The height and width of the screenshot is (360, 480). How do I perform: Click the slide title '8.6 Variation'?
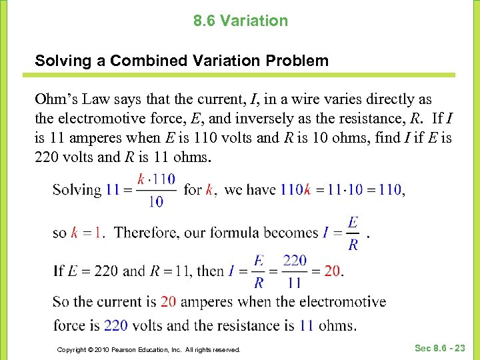(x=241, y=21)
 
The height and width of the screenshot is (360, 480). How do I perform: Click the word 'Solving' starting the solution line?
(x=77, y=190)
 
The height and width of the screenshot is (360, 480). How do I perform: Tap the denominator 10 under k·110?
(x=155, y=202)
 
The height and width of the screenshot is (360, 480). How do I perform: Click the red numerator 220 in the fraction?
(x=295, y=260)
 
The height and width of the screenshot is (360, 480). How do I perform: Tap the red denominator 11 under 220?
(x=295, y=283)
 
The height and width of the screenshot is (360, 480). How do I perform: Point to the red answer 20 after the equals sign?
(x=332, y=271)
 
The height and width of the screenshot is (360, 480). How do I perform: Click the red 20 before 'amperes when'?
(x=169, y=302)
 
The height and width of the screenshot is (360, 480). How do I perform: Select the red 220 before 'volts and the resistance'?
(x=116, y=326)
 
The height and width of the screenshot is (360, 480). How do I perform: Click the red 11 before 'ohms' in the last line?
(x=307, y=326)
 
